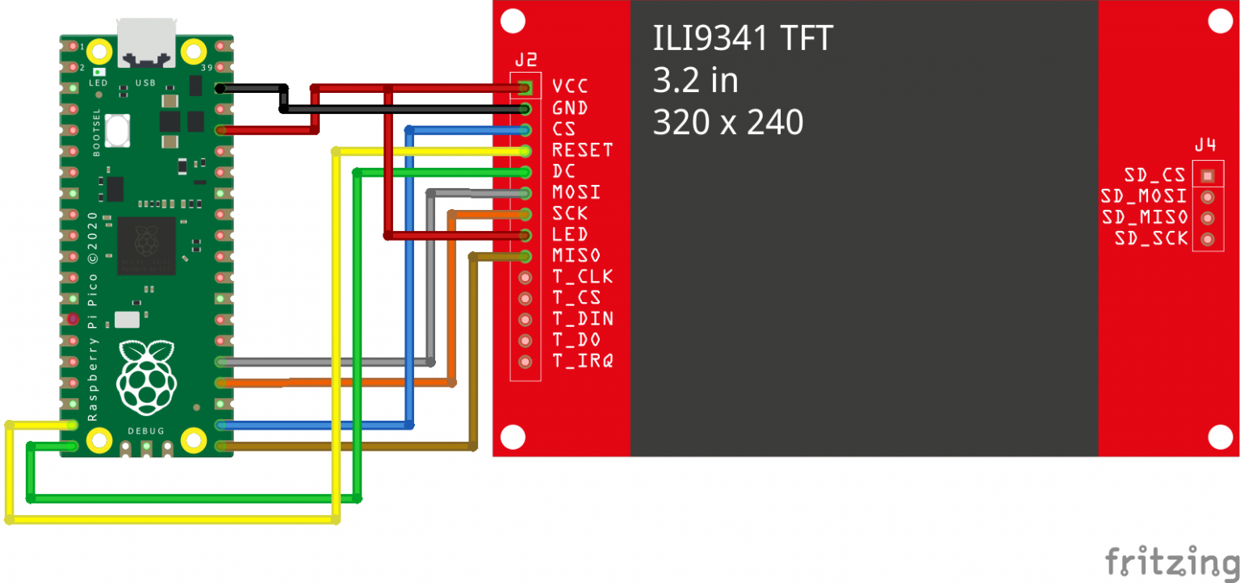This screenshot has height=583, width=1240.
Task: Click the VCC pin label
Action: coord(570,86)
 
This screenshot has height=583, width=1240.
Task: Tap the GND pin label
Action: coord(570,108)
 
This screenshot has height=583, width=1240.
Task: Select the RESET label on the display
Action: coord(582,150)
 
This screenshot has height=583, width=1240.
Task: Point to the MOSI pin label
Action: coord(576,192)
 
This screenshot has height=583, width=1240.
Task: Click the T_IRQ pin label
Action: coord(582,361)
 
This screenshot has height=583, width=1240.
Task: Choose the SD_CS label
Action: coord(1154,175)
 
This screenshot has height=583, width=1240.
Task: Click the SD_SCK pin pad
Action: coord(1208,239)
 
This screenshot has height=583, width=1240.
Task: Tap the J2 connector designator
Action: coord(526,61)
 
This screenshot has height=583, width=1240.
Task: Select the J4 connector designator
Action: coord(1205,145)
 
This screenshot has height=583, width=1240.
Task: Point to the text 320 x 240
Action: coord(727,123)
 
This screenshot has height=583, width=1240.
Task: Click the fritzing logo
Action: coord(1171,560)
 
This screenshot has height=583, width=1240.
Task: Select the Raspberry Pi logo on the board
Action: coord(146,377)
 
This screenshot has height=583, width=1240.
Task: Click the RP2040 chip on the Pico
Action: coord(146,245)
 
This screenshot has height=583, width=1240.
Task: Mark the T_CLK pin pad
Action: coord(526,278)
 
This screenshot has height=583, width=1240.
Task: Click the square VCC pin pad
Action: coord(526,86)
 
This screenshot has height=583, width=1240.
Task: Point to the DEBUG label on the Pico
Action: coord(146,430)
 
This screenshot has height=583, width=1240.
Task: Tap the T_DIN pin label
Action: coord(582,319)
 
